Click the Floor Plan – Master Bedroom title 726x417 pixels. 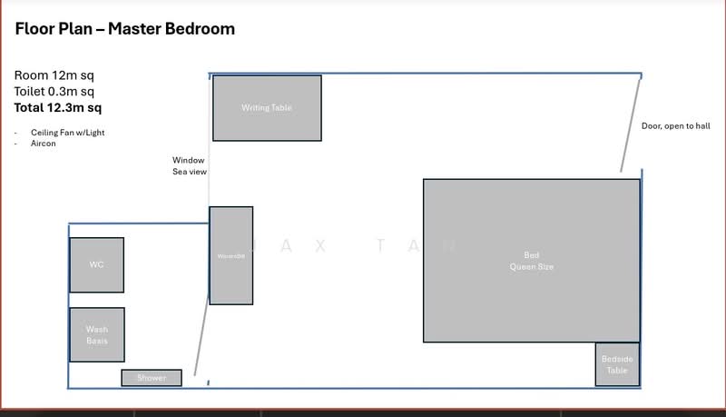pyautogui.click(x=125, y=29)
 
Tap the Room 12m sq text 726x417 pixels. pyautogui.click(x=54, y=75)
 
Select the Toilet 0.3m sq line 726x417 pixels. pyautogui.click(x=54, y=91)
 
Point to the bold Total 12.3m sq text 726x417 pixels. pyautogui.click(x=58, y=107)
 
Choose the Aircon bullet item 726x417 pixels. pyautogui.click(x=44, y=144)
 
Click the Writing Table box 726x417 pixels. pyautogui.click(x=267, y=108)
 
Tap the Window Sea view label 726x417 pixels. pyautogui.click(x=190, y=165)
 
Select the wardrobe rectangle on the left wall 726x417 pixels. pyautogui.click(x=231, y=255)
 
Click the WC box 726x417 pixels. pyautogui.click(x=96, y=264)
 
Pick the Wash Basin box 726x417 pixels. pyautogui.click(x=97, y=334)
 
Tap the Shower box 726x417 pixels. pyautogui.click(x=152, y=377)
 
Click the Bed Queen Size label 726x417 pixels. pyautogui.click(x=531, y=261)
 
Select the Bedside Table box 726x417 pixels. pyautogui.click(x=617, y=364)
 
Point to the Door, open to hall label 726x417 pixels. pyautogui.click(x=675, y=126)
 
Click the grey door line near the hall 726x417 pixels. pyautogui.click(x=631, y=125)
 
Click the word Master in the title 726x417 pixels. pyautogui.click(x=135, y=29)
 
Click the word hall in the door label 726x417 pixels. pyautogui.click(x=702, y=126)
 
